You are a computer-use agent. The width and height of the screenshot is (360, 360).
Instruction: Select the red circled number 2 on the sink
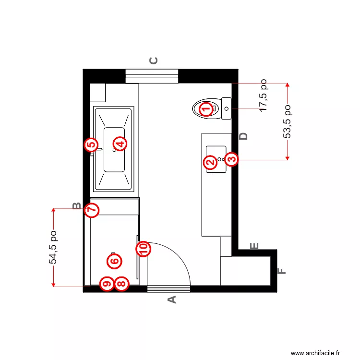pyautogui.click(x=210, y=163)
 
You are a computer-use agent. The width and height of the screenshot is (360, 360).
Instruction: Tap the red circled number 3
pyautogui.click(x=231, y=159)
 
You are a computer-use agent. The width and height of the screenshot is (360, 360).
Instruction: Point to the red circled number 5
pyautogui.click(x=91, y=144)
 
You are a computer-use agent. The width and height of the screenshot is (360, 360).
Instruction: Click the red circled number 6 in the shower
pyautogui.click(x=114, y=261)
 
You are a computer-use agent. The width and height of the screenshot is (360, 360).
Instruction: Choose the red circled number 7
pyautogui.click(x=92, y=210)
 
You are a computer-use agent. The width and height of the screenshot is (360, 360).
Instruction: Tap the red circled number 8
pyautogui.click(x=122, y=284)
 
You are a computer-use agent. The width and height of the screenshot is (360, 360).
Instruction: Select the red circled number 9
pyautogui.click(x=107, y=284)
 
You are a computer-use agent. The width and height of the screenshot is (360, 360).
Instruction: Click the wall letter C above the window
pyautogui.click(x=154, y=60)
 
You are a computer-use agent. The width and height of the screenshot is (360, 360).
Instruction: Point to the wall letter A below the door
pyautogui.click(x=171, y=300)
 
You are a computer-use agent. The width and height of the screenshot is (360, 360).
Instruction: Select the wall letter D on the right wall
pyautogui.click(x=244, y=136)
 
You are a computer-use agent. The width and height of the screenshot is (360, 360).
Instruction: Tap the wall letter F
pyautogui.click(x=283, y=271)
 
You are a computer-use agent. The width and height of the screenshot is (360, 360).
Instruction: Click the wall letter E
pyautogui.click(x=255, y=246)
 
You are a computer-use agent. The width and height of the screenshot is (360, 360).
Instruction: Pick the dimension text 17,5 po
pyautogui.click(x=264, y=96)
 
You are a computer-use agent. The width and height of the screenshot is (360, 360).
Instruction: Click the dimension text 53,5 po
pyautogui.click(x=288, y=121)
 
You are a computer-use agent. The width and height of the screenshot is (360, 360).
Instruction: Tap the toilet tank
pyautogui.click(x=226, y=109)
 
